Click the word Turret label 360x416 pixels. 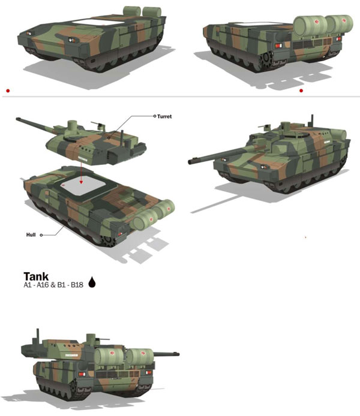(x=164, y=116)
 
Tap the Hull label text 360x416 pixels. (x=31, y=235)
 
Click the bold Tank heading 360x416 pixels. (x=36, y=276)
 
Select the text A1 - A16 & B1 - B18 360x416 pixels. (x=53, y=285)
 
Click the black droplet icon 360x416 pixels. (x=92, y=282)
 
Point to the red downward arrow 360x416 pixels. (x=81, y=173)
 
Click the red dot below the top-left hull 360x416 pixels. (x=8, y=91)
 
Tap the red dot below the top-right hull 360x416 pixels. (x=301, y=91)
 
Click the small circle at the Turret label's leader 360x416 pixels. (x=155, y=116)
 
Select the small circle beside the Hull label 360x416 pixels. (x=41, y=235)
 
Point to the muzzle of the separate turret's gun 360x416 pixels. (x=17, y=119)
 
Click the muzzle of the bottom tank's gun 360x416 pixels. (x=178, y=354)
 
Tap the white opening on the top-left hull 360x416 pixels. (x=98, y=22)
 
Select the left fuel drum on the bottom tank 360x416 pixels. (x=109, y=356)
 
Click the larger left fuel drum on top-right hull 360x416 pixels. (x=311, y=25)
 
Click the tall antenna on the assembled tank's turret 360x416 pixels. (x=312, y=120)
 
